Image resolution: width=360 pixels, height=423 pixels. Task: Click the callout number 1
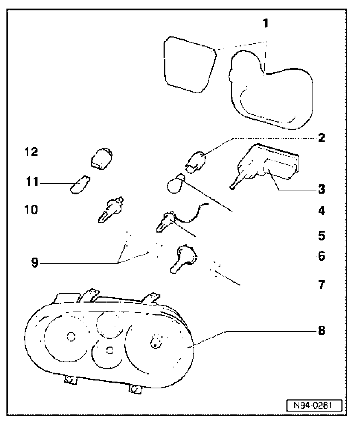265,24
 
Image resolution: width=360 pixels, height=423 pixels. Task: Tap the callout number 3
321,189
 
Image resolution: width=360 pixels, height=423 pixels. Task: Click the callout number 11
32,184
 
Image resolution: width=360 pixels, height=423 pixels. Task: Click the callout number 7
321,285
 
